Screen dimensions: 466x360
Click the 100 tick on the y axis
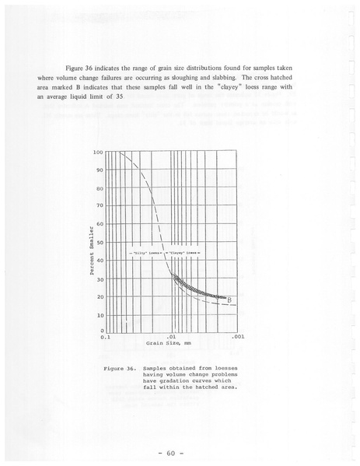(98, 152)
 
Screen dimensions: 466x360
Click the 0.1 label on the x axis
(105, 338)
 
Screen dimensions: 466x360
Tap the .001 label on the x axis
(239, 338)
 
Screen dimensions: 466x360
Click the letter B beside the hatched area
(229, 300)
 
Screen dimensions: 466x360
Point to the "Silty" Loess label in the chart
(143, 254)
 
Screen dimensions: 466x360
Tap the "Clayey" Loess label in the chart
(183, 254)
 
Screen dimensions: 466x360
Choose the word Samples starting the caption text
(158, 366)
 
